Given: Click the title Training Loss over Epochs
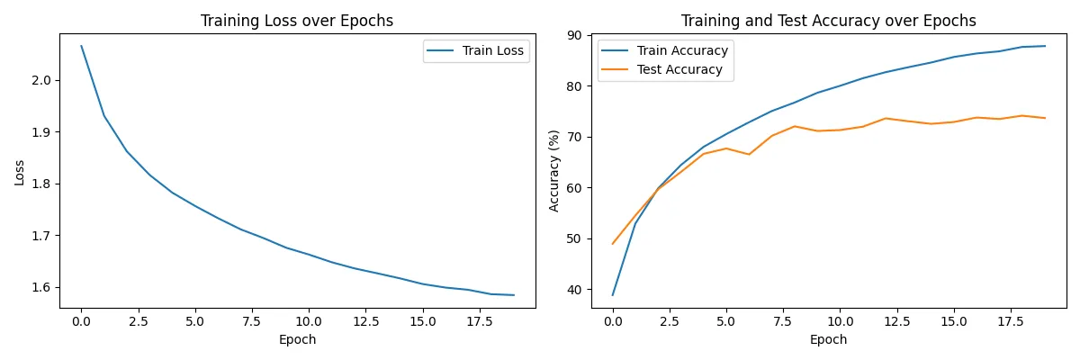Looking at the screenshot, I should [x=296, y=21].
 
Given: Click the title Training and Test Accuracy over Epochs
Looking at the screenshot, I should [x=828, y=21].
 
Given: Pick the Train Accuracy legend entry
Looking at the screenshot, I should [x=681, y=51].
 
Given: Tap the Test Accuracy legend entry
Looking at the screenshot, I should [x=679, y=69].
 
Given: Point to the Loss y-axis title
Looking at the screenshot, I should [x=20, y=172].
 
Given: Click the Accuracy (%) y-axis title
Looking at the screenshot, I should [x=554, y=172].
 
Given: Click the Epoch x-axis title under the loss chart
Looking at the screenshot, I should [x=297, y=339].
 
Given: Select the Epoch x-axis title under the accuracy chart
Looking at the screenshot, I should [x=828, y=339].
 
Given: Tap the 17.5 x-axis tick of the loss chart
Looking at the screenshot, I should [x=479, y=319].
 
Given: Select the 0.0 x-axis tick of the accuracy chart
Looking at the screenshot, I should [x=613, y=319].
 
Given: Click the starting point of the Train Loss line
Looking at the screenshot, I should [x=81, y=46].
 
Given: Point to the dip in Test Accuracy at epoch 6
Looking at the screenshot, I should [x=749, y=154].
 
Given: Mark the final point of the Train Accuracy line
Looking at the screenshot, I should [x=1044, y=46].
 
